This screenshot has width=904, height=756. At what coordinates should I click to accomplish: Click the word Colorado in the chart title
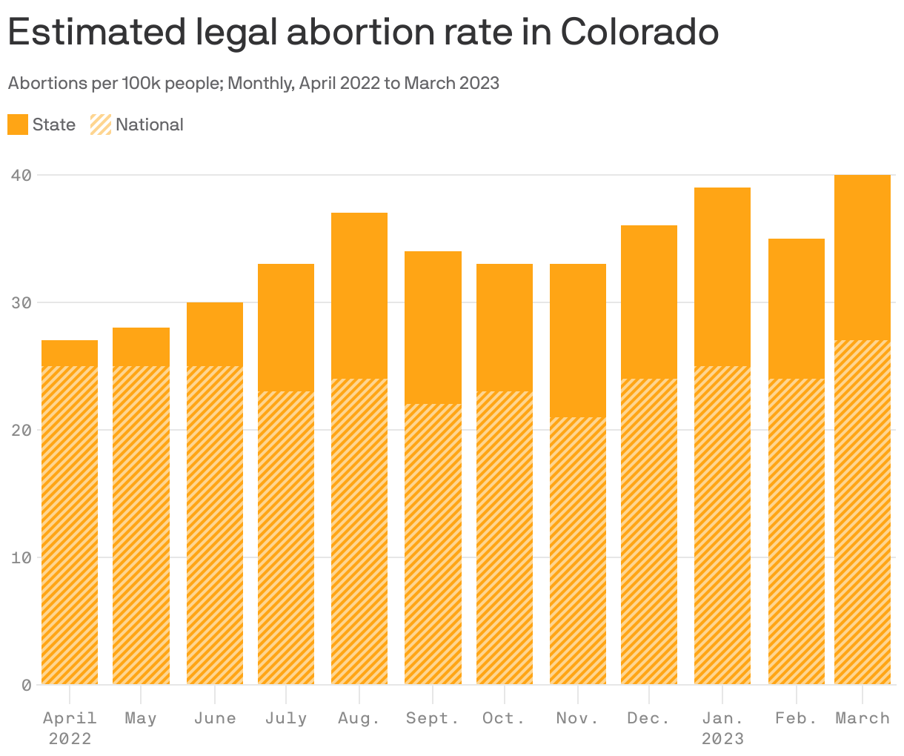639,31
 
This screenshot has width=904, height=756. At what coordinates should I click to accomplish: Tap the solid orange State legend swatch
18,125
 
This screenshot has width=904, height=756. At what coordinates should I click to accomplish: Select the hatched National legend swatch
101,125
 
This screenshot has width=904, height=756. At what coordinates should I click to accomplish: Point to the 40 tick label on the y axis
21,176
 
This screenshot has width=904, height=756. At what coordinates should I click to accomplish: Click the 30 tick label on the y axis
21,303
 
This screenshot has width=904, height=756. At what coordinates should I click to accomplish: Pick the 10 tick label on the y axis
21,557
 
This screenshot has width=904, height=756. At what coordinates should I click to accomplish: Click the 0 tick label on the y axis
26,685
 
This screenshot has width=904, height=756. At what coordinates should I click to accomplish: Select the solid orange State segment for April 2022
70,354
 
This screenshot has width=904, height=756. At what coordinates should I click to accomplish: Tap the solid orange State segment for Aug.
359,296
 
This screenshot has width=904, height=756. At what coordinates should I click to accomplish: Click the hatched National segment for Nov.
578,551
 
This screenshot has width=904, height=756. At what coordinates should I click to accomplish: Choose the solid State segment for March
863,257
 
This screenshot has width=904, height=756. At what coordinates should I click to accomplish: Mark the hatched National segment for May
141,525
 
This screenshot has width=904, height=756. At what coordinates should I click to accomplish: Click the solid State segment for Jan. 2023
722,276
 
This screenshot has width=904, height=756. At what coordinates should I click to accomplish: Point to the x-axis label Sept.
432,718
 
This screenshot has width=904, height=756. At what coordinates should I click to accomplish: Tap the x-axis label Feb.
796,718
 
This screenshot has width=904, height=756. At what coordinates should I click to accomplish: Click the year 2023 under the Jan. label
722,739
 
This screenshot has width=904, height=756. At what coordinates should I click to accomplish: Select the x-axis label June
215,718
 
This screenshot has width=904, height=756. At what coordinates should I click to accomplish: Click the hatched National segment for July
286,537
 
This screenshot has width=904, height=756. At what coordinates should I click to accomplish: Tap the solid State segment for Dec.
649,302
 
